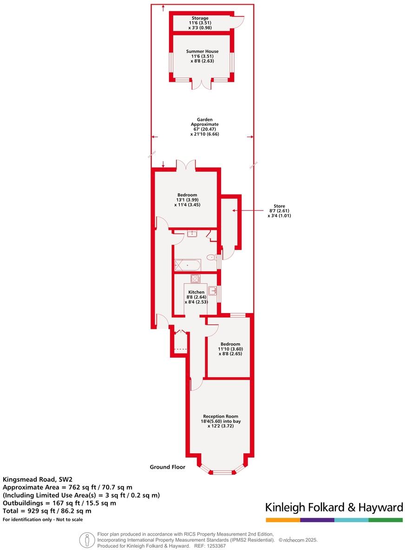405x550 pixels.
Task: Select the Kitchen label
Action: pos(196,292)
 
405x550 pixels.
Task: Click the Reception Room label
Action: pos(221,416)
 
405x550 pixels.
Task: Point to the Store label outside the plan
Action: pos(279,206)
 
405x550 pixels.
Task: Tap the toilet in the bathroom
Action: pos(211,257)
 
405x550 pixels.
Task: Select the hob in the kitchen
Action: pos(195,279)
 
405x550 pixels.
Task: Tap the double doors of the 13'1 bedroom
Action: pos(186,166)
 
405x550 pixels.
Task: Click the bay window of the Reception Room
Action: pos(222,471)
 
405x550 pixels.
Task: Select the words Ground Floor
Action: pos(167,467)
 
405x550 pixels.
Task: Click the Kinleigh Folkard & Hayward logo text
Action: pos(334,507)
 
